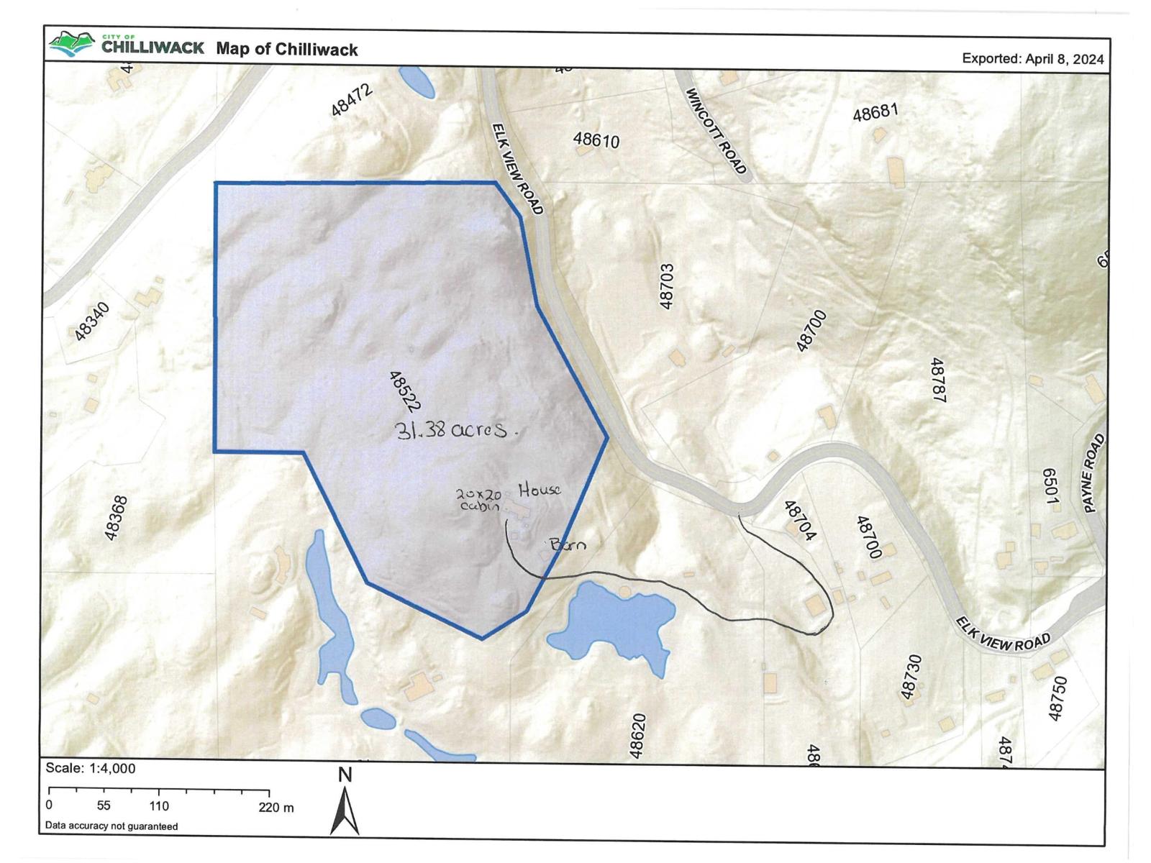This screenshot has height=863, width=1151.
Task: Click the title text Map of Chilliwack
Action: [x=287, y=49]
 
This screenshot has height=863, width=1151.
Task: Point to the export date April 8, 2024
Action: [x=1032, y=59]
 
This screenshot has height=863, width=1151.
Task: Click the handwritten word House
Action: [x=539, y=490]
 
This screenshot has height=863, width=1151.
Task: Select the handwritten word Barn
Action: [x=568, y=544]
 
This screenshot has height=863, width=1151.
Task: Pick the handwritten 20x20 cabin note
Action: [x=478, y=500]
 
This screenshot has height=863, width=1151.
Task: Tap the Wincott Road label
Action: [x=716, y=131]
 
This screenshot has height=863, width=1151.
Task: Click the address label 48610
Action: [x=596, y=140]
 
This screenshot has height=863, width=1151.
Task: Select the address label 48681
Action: [x=875, y=114]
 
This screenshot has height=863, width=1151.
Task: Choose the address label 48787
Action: [x=937, y=380]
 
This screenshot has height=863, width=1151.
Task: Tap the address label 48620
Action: [x=637, y=736]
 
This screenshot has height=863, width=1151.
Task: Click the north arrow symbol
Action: [x=345, y=809]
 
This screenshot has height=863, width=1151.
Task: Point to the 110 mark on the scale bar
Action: [x=159, y=806]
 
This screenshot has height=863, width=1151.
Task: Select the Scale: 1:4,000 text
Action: [x=91, y=768]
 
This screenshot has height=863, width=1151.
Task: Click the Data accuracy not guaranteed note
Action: [x=112, y=826]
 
